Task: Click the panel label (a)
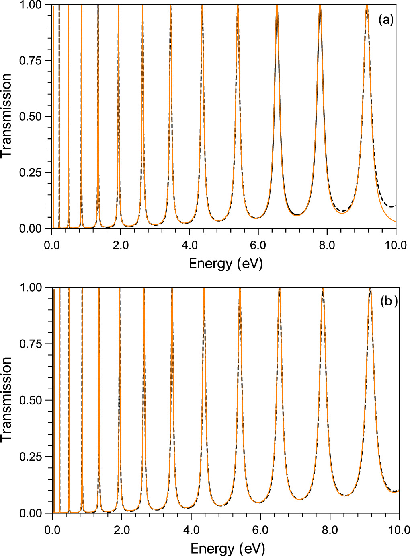385,20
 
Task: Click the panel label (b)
389,302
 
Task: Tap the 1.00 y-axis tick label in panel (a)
30,5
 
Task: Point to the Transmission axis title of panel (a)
7,117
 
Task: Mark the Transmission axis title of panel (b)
7,400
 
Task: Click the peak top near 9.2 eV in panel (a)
367,5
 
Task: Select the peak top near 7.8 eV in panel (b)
322,288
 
